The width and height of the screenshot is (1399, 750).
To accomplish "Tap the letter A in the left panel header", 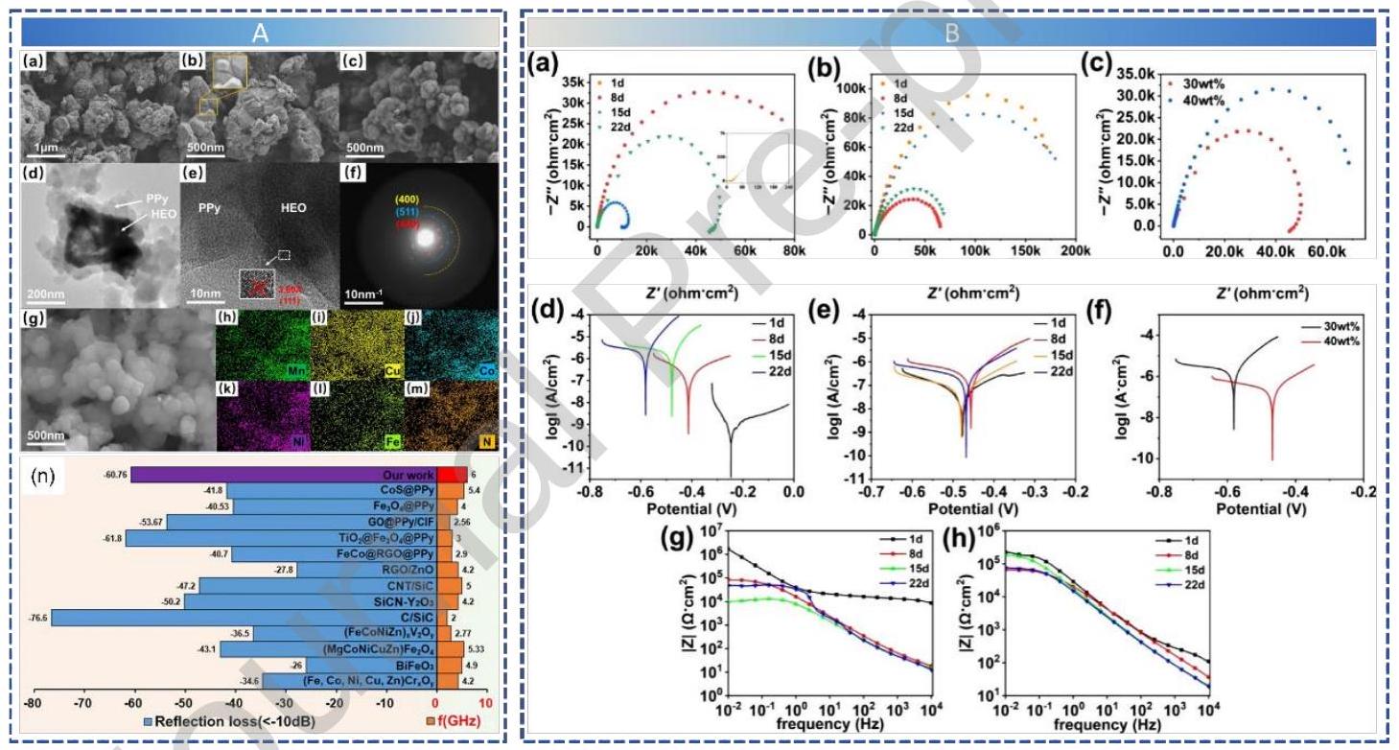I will [259, 32].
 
